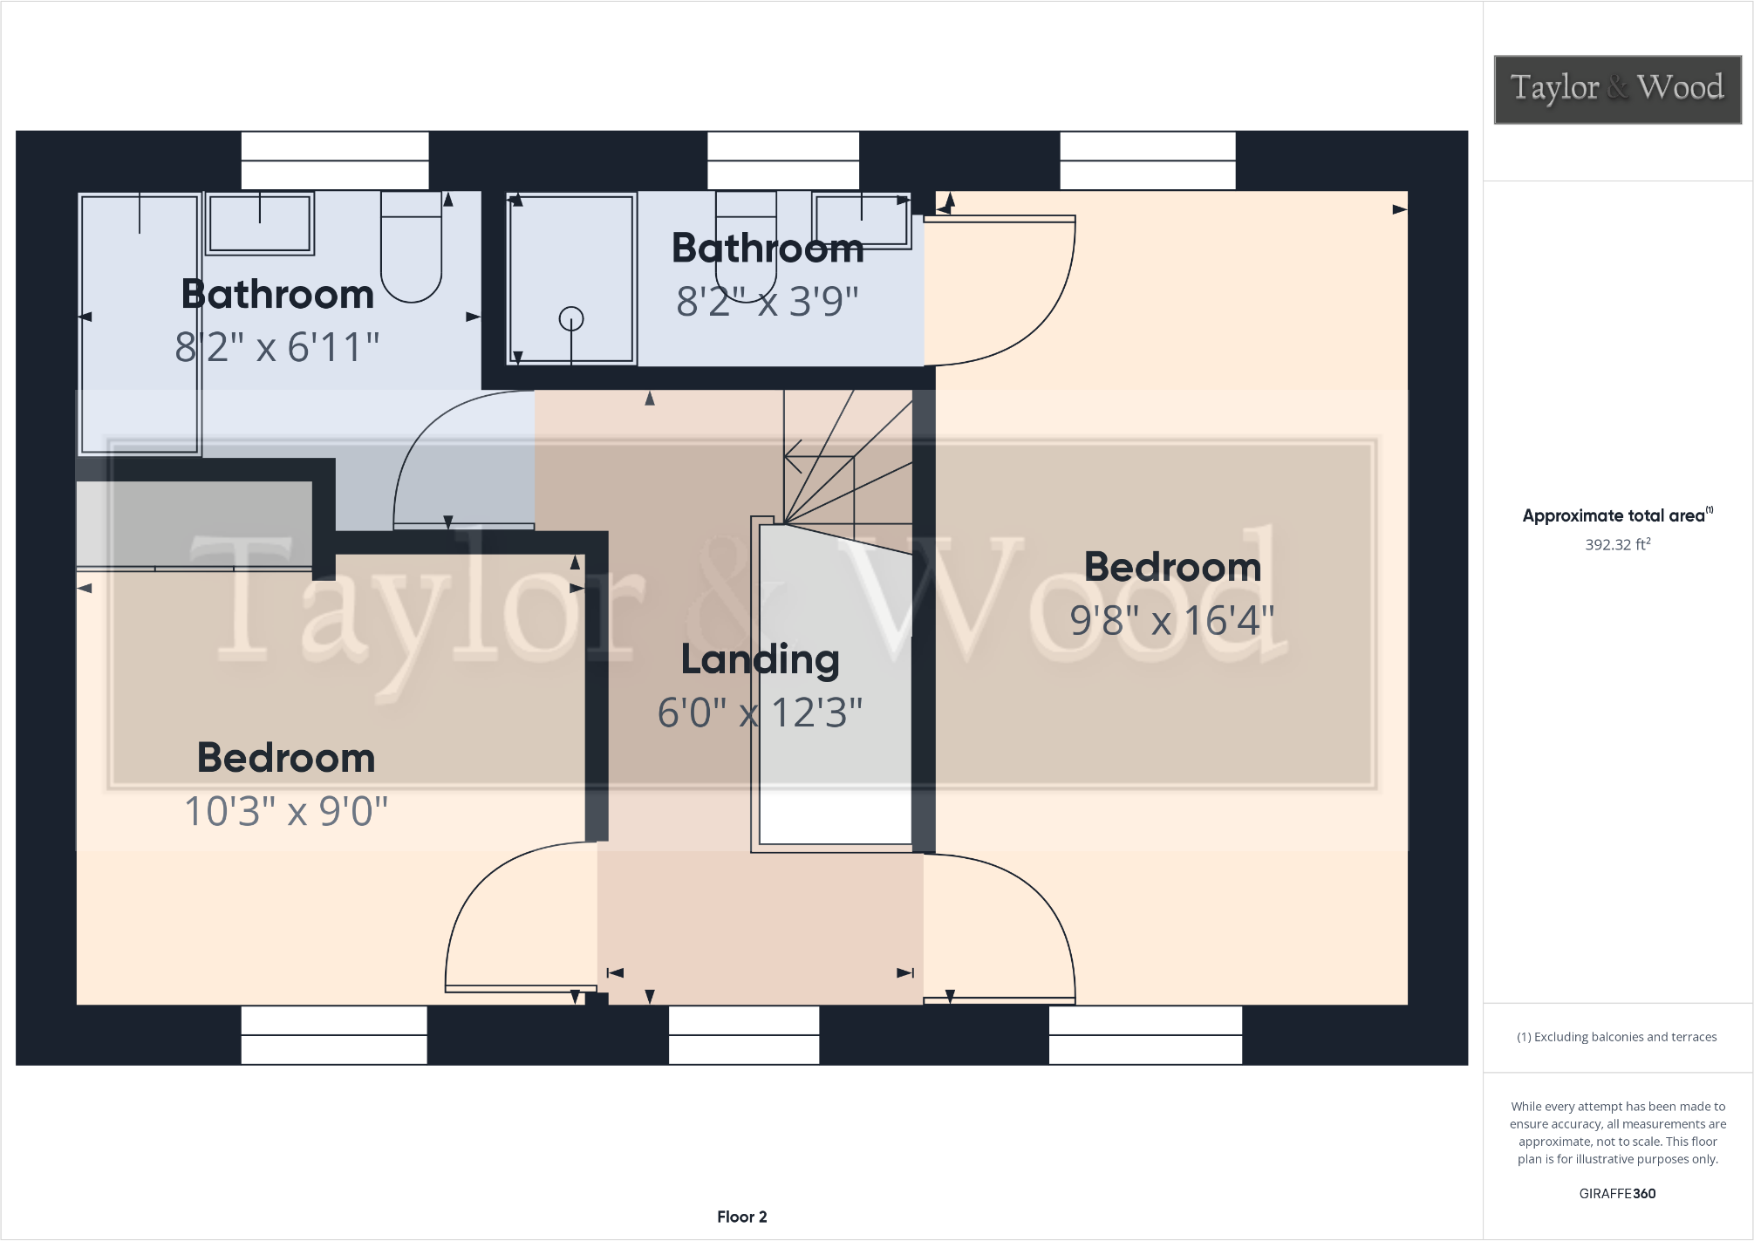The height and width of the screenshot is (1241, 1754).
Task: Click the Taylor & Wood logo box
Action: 1617,89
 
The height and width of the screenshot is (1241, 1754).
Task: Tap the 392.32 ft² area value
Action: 1617,544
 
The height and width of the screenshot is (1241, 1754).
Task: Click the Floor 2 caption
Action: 741,1217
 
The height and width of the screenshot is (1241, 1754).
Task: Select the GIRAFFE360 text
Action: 1617,1193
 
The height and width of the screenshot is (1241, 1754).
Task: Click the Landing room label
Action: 760,659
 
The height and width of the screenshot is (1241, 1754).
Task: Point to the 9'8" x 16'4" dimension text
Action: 1171,621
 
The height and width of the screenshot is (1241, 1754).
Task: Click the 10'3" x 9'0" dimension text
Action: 286,811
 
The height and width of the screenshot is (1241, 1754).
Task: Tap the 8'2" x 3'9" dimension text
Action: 768,302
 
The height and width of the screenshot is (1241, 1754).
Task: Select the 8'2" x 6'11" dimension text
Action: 277,347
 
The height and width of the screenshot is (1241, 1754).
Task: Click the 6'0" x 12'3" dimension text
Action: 760,713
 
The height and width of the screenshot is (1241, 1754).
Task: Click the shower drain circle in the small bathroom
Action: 571,318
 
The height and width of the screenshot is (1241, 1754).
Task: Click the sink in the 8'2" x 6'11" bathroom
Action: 260,223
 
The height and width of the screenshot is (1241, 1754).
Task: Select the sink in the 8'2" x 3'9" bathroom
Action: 861,220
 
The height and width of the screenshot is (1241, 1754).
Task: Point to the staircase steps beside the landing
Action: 846,462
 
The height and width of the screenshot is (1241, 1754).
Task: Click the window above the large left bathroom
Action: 335,160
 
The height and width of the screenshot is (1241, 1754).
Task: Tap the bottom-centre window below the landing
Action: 744,1034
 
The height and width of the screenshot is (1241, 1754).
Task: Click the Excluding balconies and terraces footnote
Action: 1616,1037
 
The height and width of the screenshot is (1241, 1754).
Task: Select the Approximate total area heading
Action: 1614,515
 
